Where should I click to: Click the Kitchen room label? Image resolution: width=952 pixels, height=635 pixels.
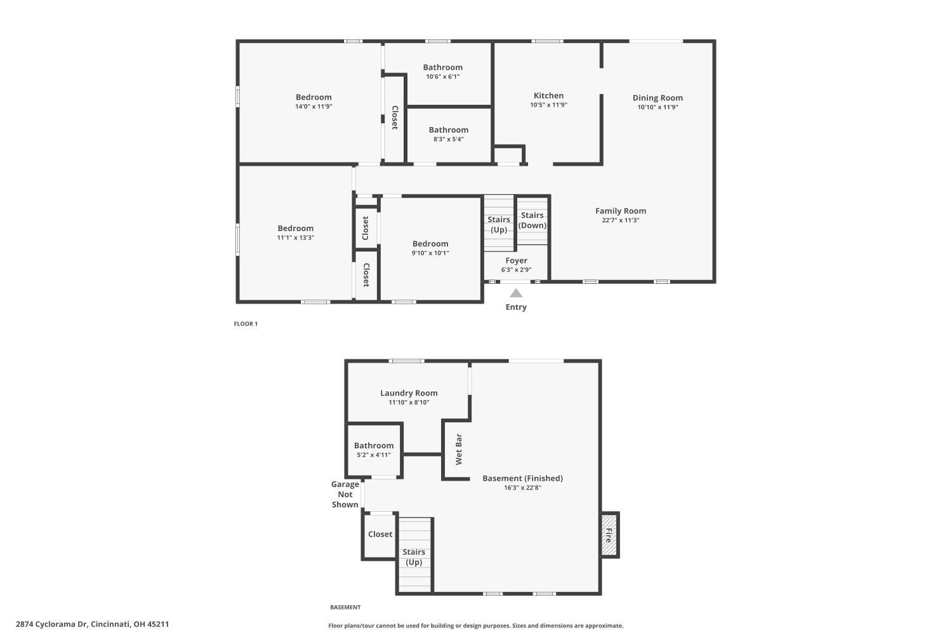click(x=548, y=96)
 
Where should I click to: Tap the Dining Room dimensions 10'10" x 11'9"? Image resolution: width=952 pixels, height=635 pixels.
click(x=658, y=107)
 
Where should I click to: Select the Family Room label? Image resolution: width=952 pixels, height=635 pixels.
click(x=620, y=211)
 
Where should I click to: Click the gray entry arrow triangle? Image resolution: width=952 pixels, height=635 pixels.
click(x=516, y=293)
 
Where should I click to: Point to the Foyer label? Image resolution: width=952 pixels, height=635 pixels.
click(x=516, y=260)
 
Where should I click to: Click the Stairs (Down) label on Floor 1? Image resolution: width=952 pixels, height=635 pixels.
click(x=532, y=220)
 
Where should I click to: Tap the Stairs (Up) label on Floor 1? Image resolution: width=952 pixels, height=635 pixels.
click(x=499, y=224)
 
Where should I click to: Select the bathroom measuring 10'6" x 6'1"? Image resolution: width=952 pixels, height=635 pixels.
click(x=442, y=71)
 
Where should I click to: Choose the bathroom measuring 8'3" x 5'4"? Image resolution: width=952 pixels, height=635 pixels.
click(x=448, y=134)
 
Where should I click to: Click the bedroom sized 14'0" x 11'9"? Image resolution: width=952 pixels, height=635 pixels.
click(x=314, y=102)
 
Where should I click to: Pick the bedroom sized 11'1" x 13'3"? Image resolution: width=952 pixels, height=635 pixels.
click(x=295, y=232)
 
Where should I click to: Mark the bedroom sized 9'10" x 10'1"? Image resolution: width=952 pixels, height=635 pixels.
click(x=430, y=248)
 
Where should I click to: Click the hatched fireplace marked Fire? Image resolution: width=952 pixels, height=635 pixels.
click(x=609, y=535)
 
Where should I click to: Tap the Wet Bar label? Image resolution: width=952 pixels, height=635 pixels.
click(x=459, y=449)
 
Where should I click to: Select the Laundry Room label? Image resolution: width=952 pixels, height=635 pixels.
click(x=409, y=393)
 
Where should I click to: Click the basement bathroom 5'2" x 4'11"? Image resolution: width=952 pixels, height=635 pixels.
click(x=374, y=450)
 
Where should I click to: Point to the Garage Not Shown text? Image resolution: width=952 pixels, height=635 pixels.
click(x=345, y=494)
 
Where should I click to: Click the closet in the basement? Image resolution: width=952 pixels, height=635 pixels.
click(x=380, y=535)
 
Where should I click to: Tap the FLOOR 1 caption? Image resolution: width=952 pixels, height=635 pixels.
click(x=246, y=324)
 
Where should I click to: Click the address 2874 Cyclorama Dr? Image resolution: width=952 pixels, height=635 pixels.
click(x=92, y=624)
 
